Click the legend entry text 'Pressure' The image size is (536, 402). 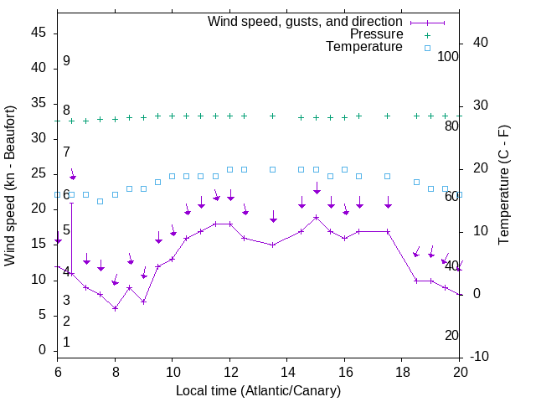click(376, 34)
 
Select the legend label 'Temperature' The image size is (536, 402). click(364, 47)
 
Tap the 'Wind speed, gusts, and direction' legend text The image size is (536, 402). click(306, 21)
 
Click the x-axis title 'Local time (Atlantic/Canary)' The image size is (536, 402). click(259, 391)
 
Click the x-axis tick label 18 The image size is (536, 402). click(402, 371)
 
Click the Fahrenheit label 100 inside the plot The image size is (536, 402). click(449, 57)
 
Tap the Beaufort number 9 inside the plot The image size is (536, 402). click(66, 61)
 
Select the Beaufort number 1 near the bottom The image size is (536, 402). click(66, 342)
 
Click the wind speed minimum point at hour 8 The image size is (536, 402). click(115, 308)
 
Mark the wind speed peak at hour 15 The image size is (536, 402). click(316, 217)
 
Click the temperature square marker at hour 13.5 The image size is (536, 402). click(273, 169)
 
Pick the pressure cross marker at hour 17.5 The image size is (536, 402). click(388, 116)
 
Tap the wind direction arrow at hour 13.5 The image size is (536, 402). click(273, 217)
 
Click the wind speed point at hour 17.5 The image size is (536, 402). click(388, 231)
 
